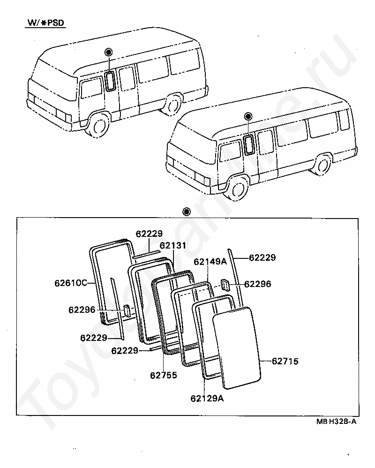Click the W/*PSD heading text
[45, 23]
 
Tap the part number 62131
[172, 245]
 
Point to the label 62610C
[71, 283]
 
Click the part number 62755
[164, 375]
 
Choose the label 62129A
[207, 399]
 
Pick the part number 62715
[285, 361]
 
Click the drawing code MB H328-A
[336, 422]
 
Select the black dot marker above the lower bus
[248, 116]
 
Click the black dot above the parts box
[187, 211]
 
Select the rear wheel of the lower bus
[322, 165]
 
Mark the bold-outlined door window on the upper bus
[110, 81]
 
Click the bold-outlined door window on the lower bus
[249, 144]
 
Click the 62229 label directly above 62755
[125, 350]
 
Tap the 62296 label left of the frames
[82, 310]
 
